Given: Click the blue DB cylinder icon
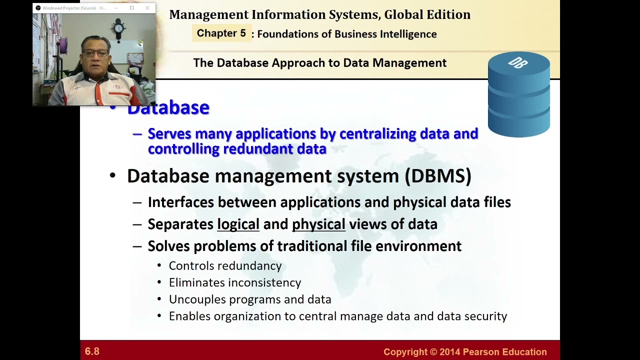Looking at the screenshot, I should pyautogui.click(x=518, y=94).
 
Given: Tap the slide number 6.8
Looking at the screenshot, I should pyautogui.click(x=92, y=351).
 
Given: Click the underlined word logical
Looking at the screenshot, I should pyautogui.click(x=238, y=224).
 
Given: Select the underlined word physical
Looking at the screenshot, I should pyautogui.click(x=318, y=224).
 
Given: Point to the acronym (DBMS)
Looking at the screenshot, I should pyautogui.click(x=437, y=176).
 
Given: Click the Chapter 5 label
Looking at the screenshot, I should pyautogui.click(x=221, y=33).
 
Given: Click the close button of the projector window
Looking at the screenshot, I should pyautogui.click(x=147, y=8).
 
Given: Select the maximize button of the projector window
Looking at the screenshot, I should pyautogui.click(x=131, y=8).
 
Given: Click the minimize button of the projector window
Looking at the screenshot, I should pyautogui.click(x=116, y=8).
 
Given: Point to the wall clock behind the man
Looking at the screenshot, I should pyautogui.click(x=118, y=29).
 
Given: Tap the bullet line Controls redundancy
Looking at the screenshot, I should pyautogui.click(x=225, y=266).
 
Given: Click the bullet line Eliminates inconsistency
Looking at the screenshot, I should pyautogui.click(x=234, y=282).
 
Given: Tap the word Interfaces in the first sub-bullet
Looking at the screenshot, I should pyautogui.click(x=181, y=202).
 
